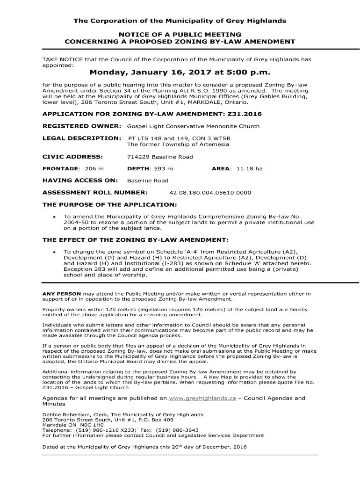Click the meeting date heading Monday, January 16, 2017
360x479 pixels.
pos(180,73)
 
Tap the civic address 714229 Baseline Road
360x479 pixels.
pos(160,157)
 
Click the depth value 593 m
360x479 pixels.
pos(163,168)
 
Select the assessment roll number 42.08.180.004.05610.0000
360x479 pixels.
pos(210,192)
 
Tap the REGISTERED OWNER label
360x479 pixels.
pos(82,126)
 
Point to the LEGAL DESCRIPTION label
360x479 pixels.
pos(82,138)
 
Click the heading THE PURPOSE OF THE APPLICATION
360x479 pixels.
pos(110,204)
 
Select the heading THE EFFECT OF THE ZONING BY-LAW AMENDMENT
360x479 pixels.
pos(136,240)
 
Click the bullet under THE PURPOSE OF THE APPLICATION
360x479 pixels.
pos(55,217)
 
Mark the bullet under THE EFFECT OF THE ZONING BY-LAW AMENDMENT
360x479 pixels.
pos(55,252)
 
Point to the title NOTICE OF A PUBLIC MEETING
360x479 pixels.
pos(180,35)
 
